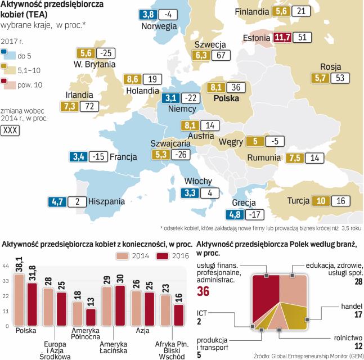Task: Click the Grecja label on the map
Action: [244, 203]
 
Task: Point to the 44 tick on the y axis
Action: [6, 265]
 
